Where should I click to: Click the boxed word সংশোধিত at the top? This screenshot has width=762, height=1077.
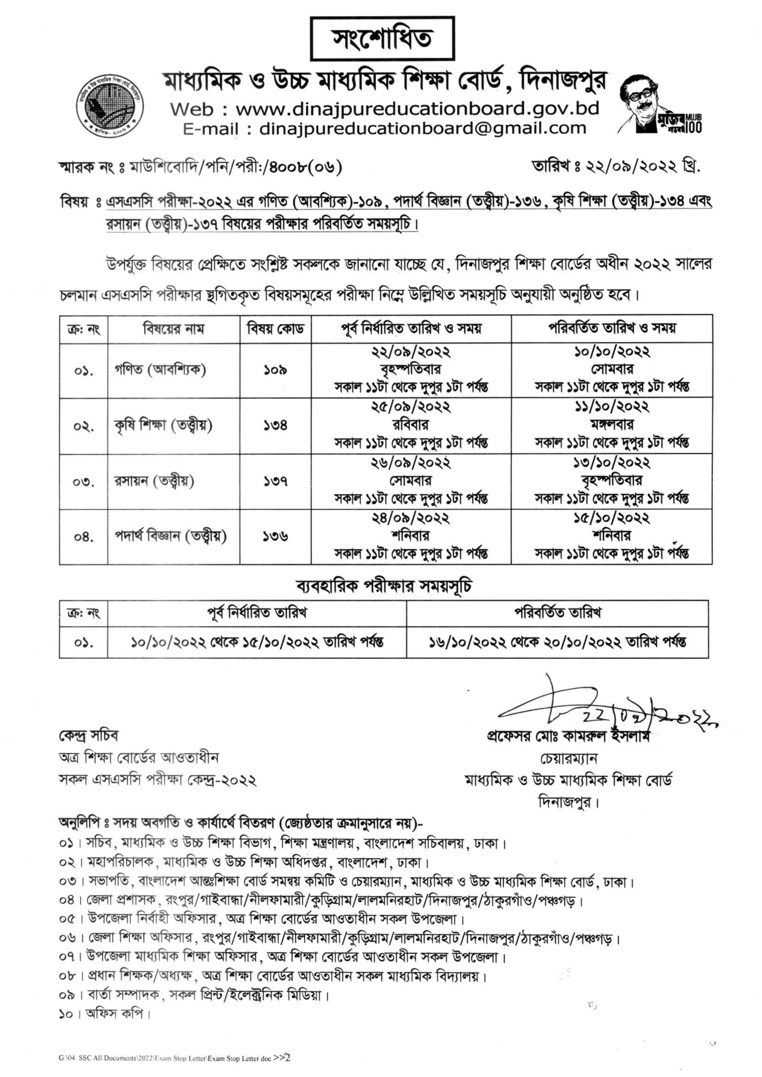[383, 39]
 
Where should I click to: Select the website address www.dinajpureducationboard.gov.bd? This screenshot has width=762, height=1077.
[417, 109]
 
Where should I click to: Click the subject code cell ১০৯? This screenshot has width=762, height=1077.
[276, 371]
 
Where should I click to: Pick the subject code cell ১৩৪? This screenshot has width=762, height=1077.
[276, 426]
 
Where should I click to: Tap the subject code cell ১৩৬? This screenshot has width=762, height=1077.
[276, 536]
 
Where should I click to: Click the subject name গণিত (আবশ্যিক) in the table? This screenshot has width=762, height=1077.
[161, 370]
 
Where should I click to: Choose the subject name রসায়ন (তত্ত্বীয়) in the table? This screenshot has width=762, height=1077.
[155, 481]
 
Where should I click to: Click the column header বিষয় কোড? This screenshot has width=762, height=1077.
[276, 329]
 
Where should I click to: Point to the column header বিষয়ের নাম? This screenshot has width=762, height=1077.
[174, 329]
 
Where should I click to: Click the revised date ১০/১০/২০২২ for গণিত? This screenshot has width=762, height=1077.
[611, 352]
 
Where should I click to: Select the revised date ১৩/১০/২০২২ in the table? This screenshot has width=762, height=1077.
[611, 463]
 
